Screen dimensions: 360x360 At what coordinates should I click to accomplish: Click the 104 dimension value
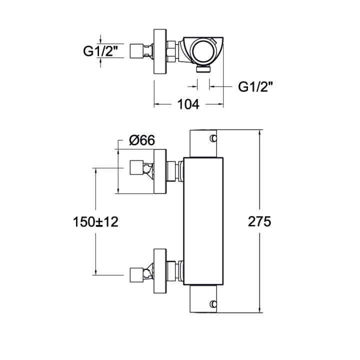tap(188, 104)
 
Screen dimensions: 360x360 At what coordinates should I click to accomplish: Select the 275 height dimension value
tap(259, 222)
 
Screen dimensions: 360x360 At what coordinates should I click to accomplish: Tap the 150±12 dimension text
tap(95, 222)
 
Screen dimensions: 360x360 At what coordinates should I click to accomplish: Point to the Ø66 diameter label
tap(142, 140)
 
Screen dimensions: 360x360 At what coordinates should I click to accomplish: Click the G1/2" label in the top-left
tap(100, 51)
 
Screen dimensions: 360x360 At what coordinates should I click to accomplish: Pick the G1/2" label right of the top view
tap(255, 87)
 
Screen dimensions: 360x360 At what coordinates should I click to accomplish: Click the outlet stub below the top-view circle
tap(203, 68)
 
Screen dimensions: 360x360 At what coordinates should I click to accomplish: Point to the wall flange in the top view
tap(160, 51)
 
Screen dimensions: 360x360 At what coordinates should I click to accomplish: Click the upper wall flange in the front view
tap(160, 171)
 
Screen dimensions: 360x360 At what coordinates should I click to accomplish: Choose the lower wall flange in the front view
tap(160, 271)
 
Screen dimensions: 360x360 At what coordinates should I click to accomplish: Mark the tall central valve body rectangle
tap(203, 221)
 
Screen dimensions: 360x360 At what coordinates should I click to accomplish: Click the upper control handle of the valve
tap(203, 143)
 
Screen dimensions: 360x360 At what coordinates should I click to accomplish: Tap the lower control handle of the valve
tap(203, 299)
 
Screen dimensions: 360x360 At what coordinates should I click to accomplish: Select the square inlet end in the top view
tap(137, 51)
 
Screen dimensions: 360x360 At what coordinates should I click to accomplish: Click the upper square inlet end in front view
tap(137, 167)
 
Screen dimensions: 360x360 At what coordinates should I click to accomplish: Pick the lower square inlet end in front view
tap(137, 275)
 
